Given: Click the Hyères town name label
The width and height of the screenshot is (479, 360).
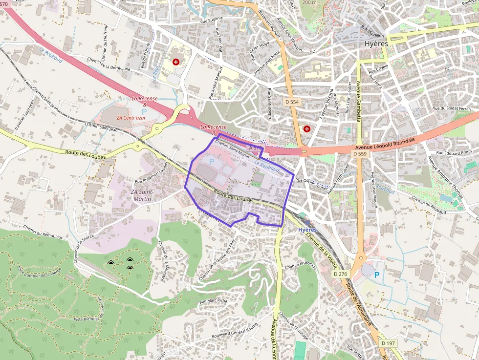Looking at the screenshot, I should pyautogui.click(x=376, y=43).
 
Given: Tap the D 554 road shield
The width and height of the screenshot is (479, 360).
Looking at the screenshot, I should pyautogui.click(x=292, y=102).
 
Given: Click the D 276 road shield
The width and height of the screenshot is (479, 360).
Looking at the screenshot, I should pyautogui.click(x=341, y=274).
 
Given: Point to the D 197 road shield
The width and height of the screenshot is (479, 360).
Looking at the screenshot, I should pyautogui.click(x=389, y=343).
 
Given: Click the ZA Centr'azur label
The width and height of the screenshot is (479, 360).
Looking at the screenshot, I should pyautogui.click(x=131, y=118).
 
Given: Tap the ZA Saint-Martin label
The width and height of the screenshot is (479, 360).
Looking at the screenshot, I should pyautogui.click(x=142, y=195).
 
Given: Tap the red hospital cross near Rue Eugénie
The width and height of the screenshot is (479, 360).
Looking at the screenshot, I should pyautogui.click(x=175, y=62).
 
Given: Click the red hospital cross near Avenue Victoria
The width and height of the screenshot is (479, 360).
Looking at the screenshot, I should pyautogui.click(x=307, y=129).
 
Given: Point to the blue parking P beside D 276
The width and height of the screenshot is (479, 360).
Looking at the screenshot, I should pyautogui.click(x=376, y=275).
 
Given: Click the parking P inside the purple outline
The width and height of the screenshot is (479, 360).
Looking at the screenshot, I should pyautogui.click(x=211, y=161).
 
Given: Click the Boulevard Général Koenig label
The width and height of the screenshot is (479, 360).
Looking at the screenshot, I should pyautogui.click(x=234, y=332).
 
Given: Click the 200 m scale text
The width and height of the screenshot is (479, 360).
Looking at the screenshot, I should pyautogui.click(x=309, y=2).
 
